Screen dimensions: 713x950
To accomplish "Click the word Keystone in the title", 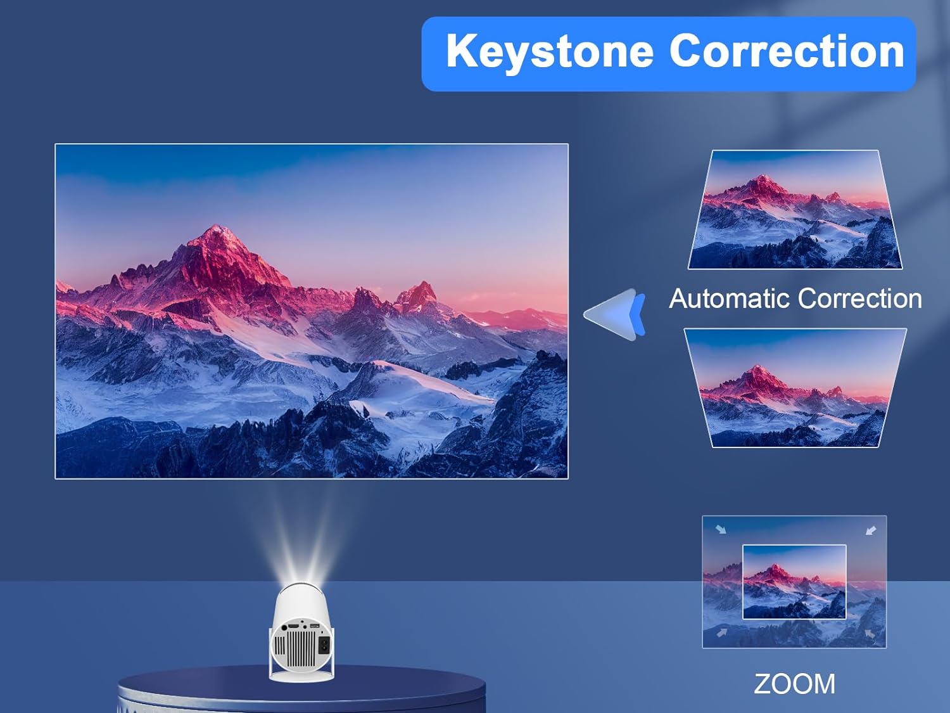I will pyautogui.click(x=549, y=52).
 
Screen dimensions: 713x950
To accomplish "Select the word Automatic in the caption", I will pyautogui.click(x=726, y=299).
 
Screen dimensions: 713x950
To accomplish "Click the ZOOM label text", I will pyautogui.click(x=794, y=684).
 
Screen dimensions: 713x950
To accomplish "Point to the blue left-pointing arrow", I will pyautogui.click(x=616, y=314).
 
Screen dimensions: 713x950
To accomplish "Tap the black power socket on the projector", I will pyautogui.click(x=324, y=645).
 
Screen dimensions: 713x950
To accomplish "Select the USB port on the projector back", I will pyautogui.click(x=314, y=627).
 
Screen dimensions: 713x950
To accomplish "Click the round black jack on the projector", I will pyautogui.click(x=284, y=627).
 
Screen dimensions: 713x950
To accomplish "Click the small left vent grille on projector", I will pyautogui.click(x=279, y=646).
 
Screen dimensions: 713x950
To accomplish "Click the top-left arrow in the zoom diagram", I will pyautogui.click(x=721, y=529).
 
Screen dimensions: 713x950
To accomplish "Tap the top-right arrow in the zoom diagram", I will pyautogui.click(x=871, y=530).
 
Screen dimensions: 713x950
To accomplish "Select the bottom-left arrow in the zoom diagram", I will pyautogui.click(x=721, y=633).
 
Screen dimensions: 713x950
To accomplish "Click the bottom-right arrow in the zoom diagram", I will pyautogui.click(x=870, y=633).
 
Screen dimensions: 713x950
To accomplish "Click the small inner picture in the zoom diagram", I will pyautogui.click(x=794, y=582).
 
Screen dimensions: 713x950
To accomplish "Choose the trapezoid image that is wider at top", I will pyautogui.click(x=795, y=388).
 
